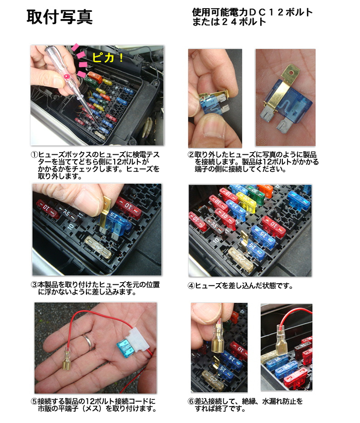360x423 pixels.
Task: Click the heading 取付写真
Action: (x=60, y=17)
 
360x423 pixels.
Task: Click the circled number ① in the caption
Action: (x=34, y=155)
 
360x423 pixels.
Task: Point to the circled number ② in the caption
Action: (x=191, y=155)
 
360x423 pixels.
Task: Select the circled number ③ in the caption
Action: (x=34, y=285)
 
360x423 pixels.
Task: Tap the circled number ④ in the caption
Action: (x=191, y=286)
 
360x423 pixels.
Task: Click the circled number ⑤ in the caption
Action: (x=34, y=401)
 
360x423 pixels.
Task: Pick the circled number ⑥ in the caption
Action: (x=191, y=401)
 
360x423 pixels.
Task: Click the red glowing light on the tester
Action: (x=66, y=78)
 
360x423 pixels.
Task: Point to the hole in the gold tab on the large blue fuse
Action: (x=291, y=72)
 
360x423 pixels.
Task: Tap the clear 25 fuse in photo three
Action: (x=98, y=247)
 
